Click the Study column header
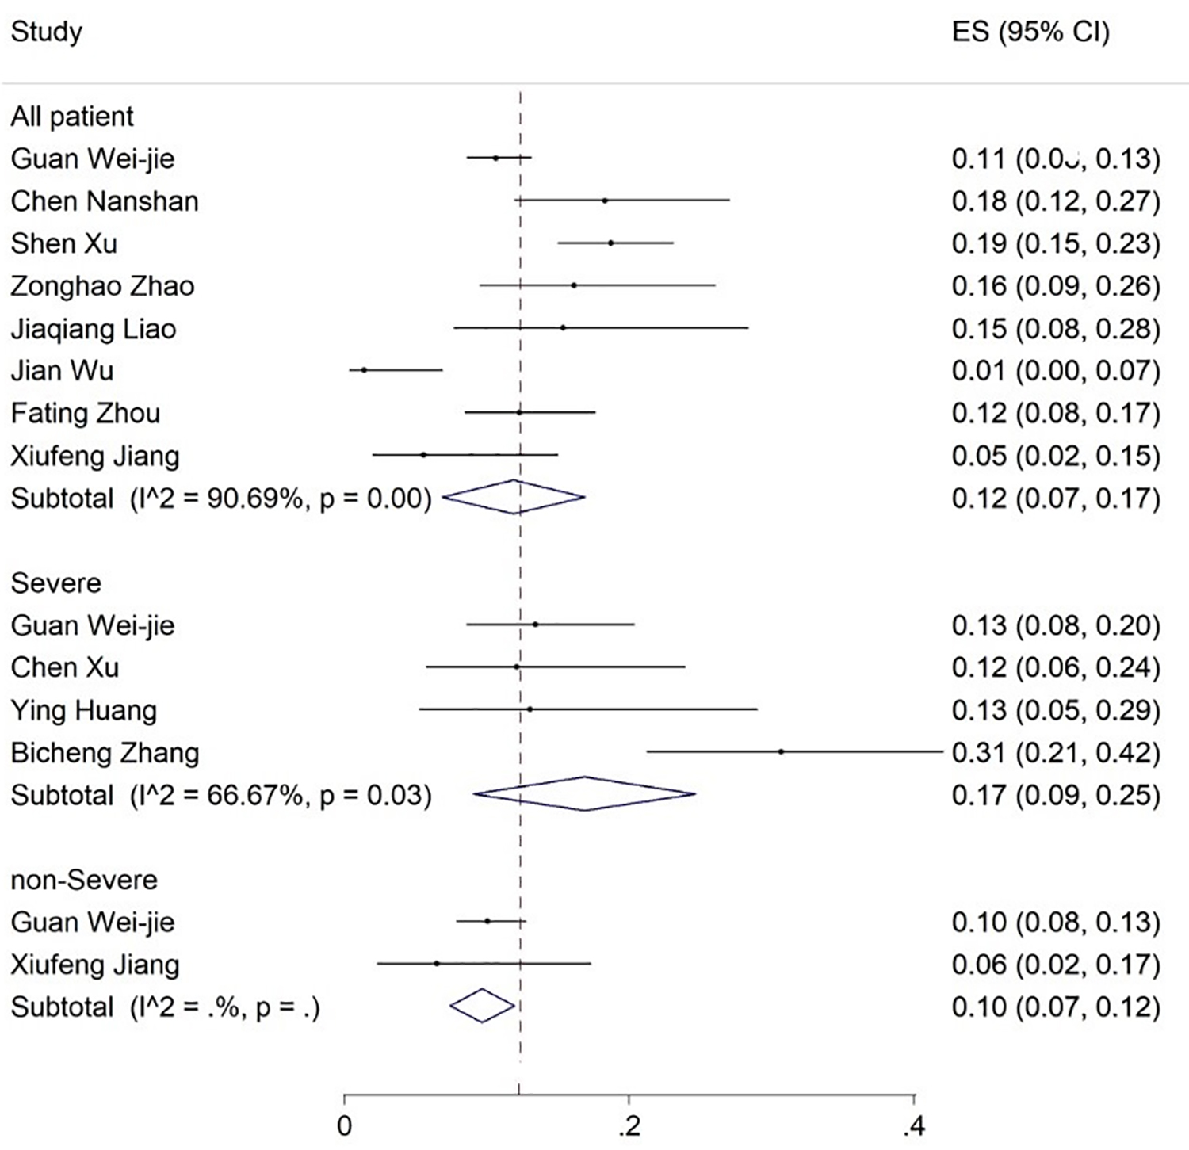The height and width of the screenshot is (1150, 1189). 46,32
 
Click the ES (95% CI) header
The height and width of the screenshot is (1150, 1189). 1030,32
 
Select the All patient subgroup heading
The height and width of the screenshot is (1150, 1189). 72,117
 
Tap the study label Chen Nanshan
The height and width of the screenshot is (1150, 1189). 105,201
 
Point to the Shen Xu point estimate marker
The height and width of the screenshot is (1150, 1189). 610,243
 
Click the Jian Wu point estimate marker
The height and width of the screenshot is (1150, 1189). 364,369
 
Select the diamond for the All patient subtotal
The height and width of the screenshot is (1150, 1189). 514,497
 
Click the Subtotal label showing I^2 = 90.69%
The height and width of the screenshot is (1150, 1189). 221,499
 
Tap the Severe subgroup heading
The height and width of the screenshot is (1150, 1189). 56,583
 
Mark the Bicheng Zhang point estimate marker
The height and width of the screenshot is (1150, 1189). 781,751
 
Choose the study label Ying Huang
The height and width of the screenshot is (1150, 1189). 84,710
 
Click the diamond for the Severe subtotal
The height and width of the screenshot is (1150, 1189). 584,793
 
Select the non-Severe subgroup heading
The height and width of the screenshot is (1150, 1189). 84,880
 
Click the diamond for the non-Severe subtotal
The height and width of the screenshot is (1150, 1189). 482,1006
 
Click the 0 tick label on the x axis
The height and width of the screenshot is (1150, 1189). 345,1126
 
